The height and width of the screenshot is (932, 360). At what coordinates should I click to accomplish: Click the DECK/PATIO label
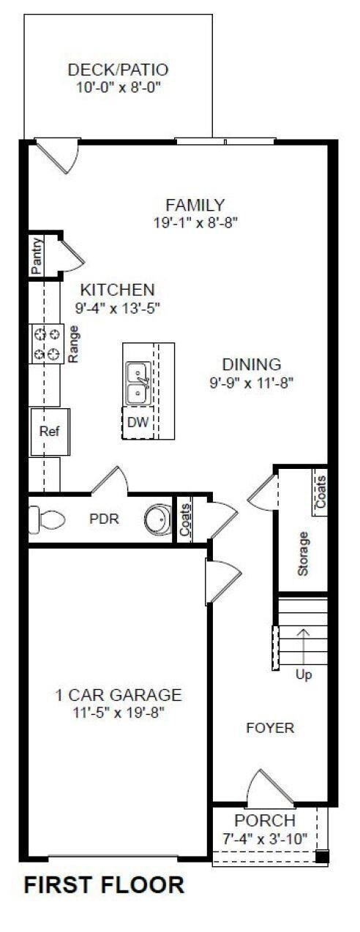click(119, 70)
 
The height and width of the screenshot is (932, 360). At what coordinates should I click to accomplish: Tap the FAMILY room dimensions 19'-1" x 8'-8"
click(194, 221)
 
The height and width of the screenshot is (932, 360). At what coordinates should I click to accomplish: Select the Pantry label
click(37, 255)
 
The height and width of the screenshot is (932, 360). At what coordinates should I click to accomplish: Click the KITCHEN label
click(117, 289)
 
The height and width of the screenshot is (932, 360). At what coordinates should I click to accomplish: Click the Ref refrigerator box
click(49, 431)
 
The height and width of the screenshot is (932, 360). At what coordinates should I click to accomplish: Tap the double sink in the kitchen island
click(138, 383)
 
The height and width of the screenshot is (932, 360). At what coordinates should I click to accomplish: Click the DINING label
click(252, 364)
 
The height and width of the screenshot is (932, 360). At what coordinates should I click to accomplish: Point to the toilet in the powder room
click(48, 519)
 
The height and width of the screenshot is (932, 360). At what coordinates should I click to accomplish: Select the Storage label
click(303, 553)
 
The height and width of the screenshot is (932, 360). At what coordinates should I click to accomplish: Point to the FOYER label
click(270, 728)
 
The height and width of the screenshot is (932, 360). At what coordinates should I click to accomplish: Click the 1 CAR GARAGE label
click(119, 695)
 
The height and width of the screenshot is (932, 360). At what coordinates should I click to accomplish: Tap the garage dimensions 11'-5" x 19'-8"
click(119, 713)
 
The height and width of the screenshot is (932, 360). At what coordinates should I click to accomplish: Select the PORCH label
click(265, 821)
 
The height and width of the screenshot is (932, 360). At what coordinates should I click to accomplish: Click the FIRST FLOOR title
click(105, 885)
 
